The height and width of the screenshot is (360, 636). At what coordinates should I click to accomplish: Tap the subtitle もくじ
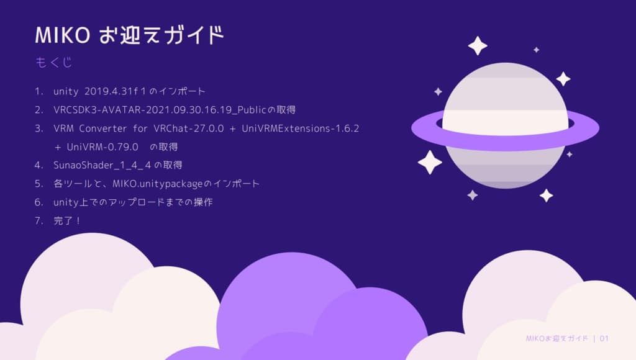coord(55,63)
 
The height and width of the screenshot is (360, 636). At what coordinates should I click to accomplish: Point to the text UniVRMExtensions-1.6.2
coord(300,128)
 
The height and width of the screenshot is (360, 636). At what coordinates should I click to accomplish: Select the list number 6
coord(39,202)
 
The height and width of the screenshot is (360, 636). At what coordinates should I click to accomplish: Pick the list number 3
coord(39,128)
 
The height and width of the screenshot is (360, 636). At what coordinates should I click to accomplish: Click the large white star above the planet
coord(478,45)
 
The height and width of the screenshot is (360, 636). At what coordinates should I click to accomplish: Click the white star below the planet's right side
coord(546,196)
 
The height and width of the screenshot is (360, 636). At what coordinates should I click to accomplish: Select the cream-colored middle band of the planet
coord(505,118)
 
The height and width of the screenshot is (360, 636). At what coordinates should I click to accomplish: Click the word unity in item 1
coord(66,91)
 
